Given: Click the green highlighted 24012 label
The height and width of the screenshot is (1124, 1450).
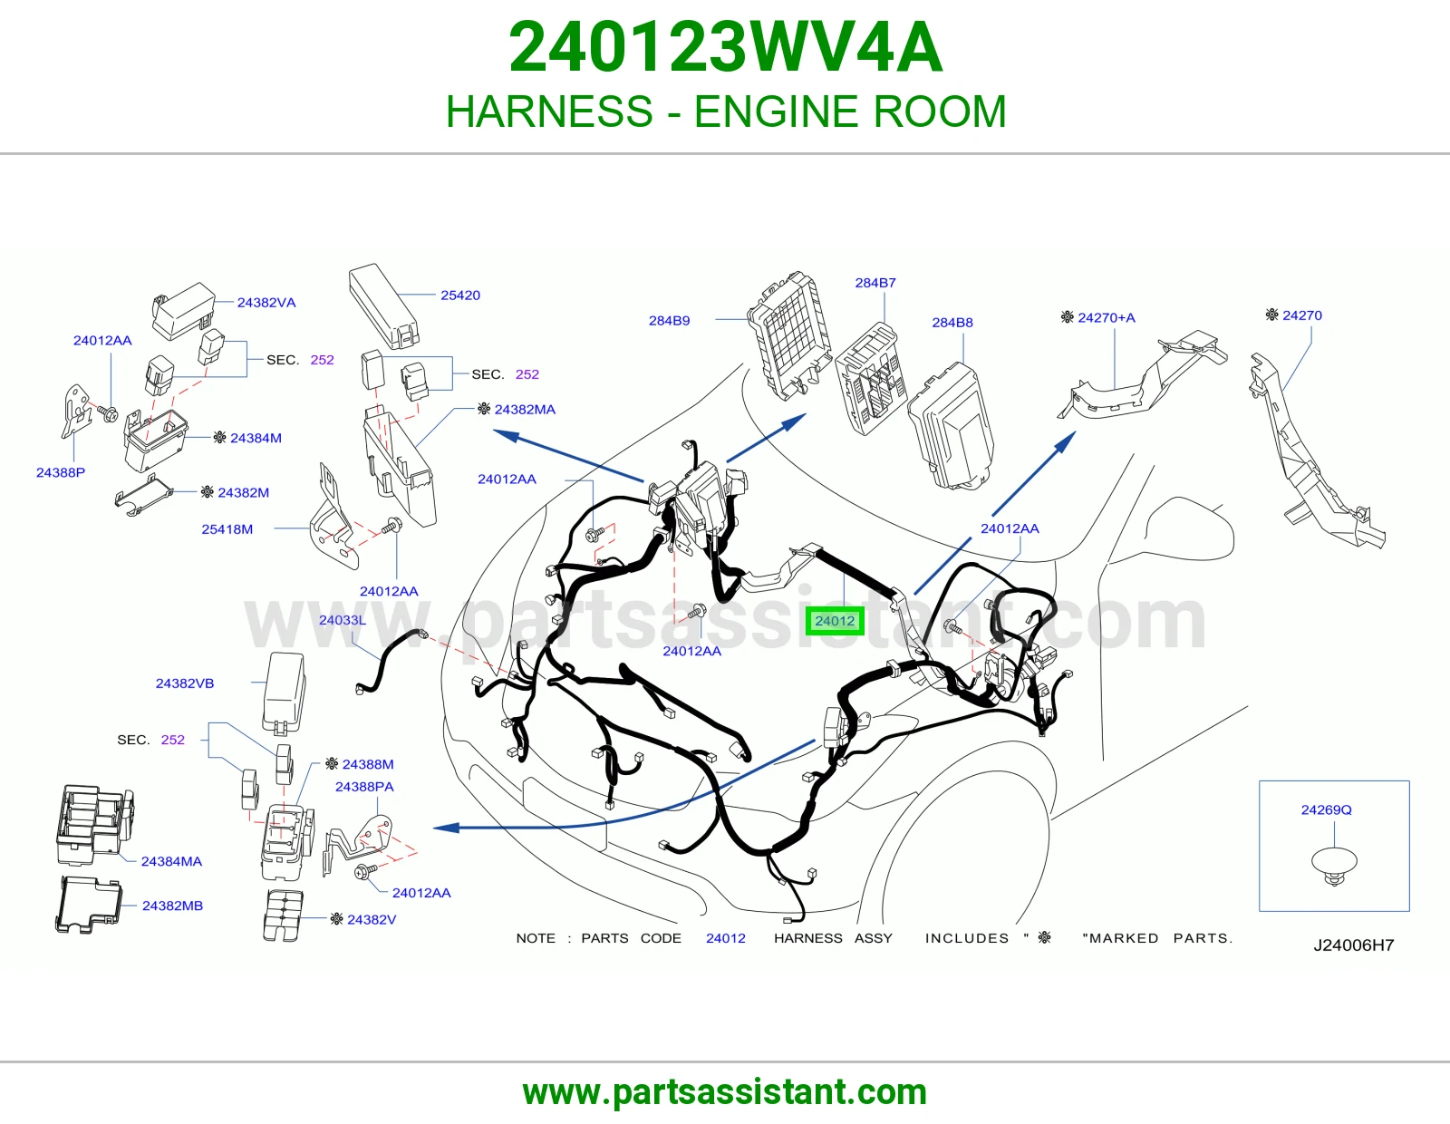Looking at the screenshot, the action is [x=834, y=622].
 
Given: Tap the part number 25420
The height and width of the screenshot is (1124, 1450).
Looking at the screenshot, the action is [x=459, y=295].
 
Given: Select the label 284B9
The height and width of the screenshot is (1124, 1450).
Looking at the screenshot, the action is [x=670, y=320].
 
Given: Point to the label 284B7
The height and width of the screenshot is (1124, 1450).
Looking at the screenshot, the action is [x=875, y=283].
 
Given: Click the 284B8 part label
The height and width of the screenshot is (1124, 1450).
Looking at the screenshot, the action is [x=952, y=323].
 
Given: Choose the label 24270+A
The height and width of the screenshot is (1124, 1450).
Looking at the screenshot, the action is [x=1106, y=317].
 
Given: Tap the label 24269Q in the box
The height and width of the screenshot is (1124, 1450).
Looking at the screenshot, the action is [x=1326, y=809].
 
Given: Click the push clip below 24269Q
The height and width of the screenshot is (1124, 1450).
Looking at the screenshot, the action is [x=1334, y=865].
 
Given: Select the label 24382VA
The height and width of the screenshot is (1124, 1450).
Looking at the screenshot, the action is [x=266, y=303].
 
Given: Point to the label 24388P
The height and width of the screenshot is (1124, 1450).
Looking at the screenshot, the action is [x=61, y=472].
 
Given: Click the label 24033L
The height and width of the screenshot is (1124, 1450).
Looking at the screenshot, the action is [x=343, y=620].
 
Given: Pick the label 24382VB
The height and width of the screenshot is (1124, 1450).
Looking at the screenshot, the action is [x=185, y=683].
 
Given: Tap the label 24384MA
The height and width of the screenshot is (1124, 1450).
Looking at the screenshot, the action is [x=171, y=862].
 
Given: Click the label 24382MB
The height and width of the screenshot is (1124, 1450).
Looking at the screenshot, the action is [x=172, y=906].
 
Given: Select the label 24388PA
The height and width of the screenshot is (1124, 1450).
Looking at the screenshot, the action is [x=364, y=787].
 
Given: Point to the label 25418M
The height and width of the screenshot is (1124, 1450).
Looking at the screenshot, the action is [x=227, y=529].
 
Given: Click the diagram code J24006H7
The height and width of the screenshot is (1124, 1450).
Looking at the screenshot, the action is [x=1353, y=945].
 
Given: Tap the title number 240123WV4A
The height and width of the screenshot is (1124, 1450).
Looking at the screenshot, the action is [x=725, y=47].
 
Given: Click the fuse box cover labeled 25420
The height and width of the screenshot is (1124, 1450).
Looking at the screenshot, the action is [x=383, y=305].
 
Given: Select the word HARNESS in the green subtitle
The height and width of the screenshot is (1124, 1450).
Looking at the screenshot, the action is [x=549, y=111].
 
